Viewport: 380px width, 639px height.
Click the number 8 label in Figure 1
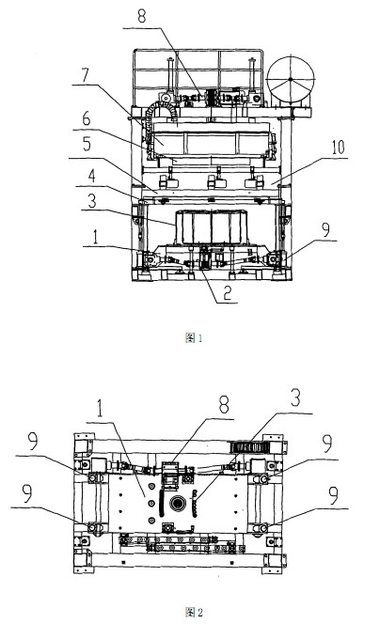pos(141,17)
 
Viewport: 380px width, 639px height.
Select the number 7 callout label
pos(85,75)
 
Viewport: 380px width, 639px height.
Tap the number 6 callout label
pos(87,119)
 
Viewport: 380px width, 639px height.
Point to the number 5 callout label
pos(87,144)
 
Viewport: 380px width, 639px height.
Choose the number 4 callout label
pos(92,176)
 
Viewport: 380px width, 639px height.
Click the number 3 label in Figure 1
pos(92,201)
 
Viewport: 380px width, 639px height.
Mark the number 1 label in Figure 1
pos(95,237)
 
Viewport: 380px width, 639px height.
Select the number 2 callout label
pos(228,292)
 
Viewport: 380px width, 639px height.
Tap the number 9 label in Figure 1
pos(325,230)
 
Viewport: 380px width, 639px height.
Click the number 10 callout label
pos(338,148)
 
